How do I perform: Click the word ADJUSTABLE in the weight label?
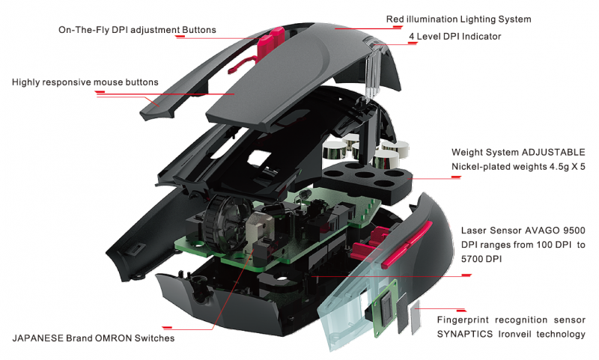click(x=553, y=153)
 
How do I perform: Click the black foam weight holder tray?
click(x=367, y=180)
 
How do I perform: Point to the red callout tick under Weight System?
click(x=456, y=177)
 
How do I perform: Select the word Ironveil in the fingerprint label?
click(x=514, y=335)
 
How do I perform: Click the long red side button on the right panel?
click(x=407, y=244)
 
